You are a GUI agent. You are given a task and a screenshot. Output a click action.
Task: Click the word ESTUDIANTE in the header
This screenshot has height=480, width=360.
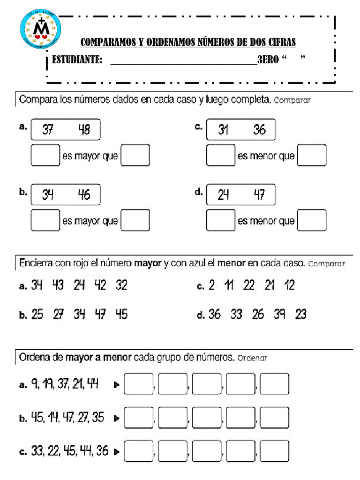[x=77, y=60]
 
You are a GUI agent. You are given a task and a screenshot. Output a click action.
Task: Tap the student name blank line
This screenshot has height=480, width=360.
[x=183, y=61]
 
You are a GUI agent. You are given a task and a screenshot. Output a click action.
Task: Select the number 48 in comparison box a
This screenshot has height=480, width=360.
[x=84, y=130]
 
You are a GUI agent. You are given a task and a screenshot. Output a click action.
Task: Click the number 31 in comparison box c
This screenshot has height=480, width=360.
[x=223, y=130]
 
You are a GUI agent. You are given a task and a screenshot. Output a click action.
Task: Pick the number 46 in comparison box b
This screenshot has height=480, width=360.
[x=84, y=194]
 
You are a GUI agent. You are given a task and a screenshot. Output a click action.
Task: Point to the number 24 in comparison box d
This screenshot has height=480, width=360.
[x=223, y=194]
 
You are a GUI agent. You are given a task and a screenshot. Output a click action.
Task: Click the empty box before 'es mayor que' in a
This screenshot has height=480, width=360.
[x=45, y=156]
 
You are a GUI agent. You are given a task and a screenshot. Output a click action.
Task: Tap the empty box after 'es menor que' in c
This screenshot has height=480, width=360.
[x=312, y=156]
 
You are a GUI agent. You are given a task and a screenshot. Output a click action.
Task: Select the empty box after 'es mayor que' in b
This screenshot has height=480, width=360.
[x=135, y=220]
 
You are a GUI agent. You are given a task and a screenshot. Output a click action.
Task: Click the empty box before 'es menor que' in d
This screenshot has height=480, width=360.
[x=221, y=220]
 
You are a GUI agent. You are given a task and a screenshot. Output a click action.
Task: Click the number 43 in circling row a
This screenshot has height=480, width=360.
[x=58, y=285]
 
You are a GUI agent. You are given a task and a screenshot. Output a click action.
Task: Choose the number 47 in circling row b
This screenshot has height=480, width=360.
[x=100, y=315]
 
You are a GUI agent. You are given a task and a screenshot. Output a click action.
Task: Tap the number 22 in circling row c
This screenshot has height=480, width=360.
[x=249, y=285]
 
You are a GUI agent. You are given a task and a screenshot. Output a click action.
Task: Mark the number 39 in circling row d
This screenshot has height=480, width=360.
[x=280, y=315]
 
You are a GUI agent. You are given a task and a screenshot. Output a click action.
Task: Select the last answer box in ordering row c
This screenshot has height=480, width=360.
[x=274, y=452]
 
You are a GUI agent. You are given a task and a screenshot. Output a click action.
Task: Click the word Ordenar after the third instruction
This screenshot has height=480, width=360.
[x=252, y=358]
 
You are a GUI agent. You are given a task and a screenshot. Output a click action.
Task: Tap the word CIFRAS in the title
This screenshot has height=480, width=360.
[x=281, y=43]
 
